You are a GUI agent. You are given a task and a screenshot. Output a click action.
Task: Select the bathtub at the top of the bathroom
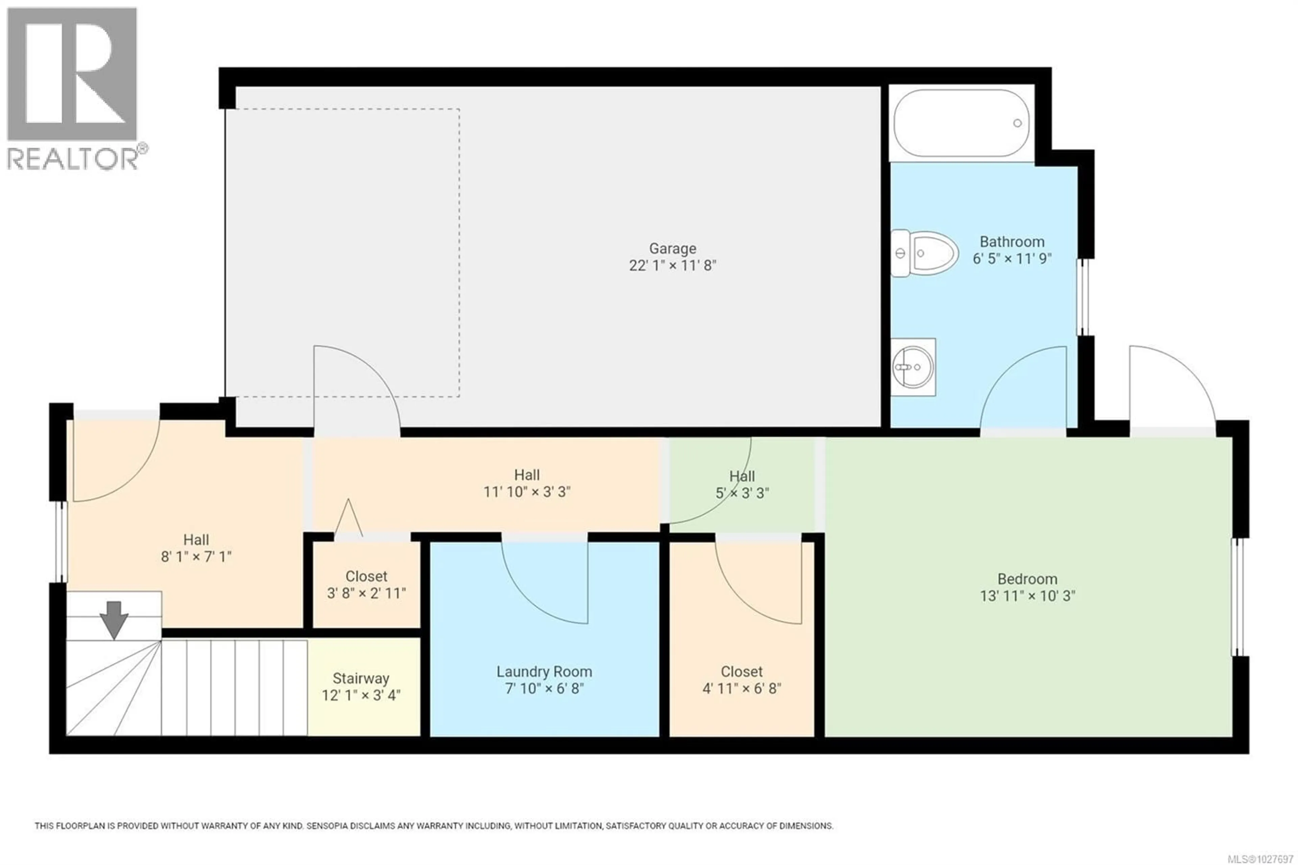click(x=961, y=123)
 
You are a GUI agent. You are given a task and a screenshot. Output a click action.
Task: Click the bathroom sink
click(x=913, y=367)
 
